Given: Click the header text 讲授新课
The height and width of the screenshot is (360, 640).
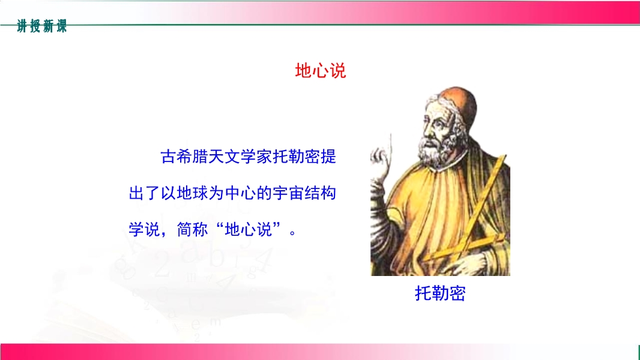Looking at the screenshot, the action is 41,26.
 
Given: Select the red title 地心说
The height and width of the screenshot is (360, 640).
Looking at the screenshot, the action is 321,71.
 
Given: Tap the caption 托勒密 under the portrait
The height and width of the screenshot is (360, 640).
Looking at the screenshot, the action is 440,293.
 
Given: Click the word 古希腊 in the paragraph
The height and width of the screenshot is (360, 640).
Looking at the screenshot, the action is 184,157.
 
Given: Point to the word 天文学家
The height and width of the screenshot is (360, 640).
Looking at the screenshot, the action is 240,157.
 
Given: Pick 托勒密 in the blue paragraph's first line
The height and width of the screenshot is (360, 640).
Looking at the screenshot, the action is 297,157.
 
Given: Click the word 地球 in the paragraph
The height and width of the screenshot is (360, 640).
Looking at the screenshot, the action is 192,193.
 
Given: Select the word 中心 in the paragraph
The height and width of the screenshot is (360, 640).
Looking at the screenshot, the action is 240,193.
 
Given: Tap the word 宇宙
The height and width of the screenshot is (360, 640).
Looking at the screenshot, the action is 288,193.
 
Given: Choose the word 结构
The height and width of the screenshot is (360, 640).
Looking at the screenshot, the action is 321,193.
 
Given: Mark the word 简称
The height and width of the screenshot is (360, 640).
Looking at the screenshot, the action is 192,229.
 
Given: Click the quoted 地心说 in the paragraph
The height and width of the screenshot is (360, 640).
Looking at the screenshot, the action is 248,229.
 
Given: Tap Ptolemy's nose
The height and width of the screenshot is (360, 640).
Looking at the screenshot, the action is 426,130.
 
